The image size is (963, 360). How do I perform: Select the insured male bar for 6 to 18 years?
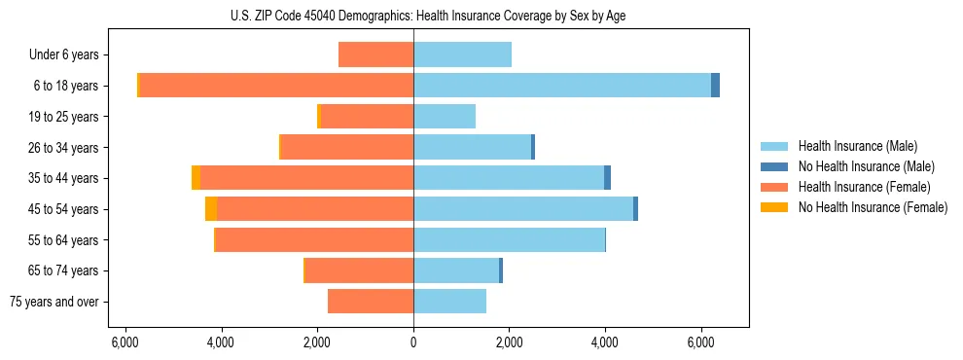562,86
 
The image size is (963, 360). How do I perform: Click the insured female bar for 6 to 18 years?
276,86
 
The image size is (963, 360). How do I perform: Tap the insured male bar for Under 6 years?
462,54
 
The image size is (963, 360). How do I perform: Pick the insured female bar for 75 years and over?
371,302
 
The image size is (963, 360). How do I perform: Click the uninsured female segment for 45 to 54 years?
211,209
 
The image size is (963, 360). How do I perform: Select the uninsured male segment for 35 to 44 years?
607,178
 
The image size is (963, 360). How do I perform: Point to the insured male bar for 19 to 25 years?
445,117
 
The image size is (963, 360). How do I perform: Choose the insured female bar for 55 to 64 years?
314,239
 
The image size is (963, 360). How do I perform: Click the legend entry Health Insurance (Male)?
857,146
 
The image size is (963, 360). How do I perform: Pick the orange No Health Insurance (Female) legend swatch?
775,207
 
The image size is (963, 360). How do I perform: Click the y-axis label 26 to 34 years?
64,148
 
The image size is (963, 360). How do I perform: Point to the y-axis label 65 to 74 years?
64,270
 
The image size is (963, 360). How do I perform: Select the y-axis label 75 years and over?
54,302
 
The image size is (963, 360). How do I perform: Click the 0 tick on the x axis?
413,342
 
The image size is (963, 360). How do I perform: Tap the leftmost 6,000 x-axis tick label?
125,342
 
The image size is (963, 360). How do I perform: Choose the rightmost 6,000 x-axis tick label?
701,342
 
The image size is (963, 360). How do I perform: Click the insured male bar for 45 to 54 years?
523,209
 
